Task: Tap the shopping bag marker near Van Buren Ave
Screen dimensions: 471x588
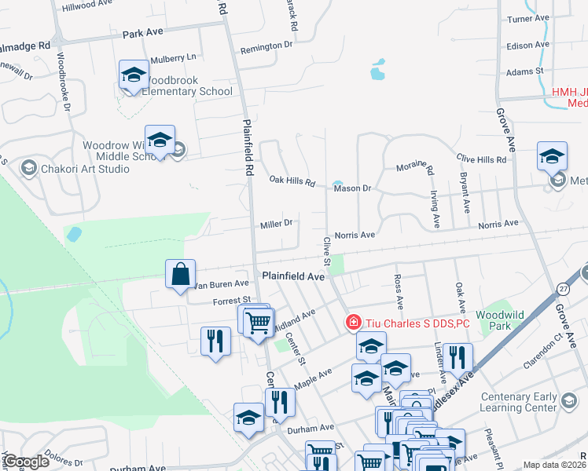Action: click(x=181, y=275)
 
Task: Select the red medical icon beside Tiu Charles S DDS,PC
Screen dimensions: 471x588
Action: click(x=354, y=323)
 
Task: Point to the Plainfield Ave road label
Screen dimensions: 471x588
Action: click(x=293, y=276)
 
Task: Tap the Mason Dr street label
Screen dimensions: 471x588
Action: click(x=351, y=188)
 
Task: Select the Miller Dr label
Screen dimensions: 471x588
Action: click(x=276, y=223)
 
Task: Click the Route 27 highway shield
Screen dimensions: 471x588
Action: click(x=563, y=289)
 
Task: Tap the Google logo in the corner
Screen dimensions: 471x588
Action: click(x=27, y=462)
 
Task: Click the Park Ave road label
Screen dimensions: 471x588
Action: click(x=142, y=35)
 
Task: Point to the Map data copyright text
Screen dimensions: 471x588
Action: click(x=554, y=465)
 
